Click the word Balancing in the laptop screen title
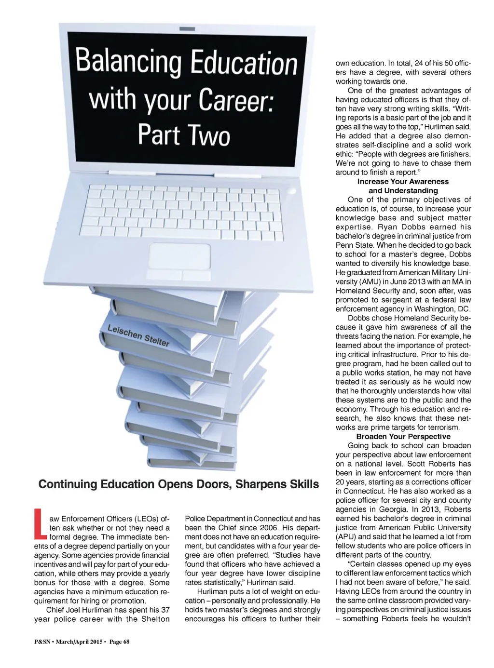point(128,63)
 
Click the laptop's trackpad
point(179,256)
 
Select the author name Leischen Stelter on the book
point(138,335)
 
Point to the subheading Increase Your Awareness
point(403,182)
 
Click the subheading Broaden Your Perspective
point(403,437)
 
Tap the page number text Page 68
point(119,642)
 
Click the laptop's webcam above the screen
point(187,29)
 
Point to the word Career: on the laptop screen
point(236,100)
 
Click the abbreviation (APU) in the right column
point(347,537)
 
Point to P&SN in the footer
point(42,642)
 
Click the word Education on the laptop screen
point(244,63)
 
